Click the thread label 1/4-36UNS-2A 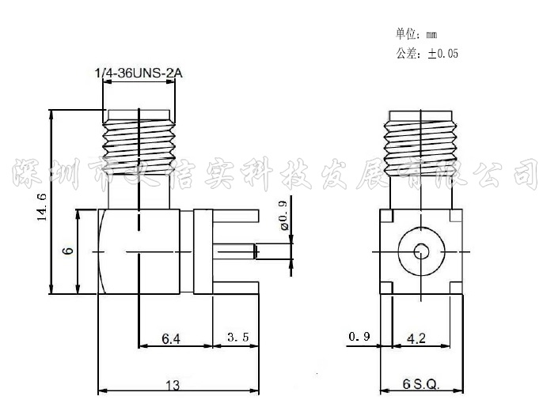click(139, 74)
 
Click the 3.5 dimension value click(237, 338)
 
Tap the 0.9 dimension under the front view click(359, 338)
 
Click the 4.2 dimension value click(416, 338)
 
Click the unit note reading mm click(431, 34)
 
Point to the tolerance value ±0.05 click(442, 54)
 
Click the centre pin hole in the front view click(420, 252)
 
